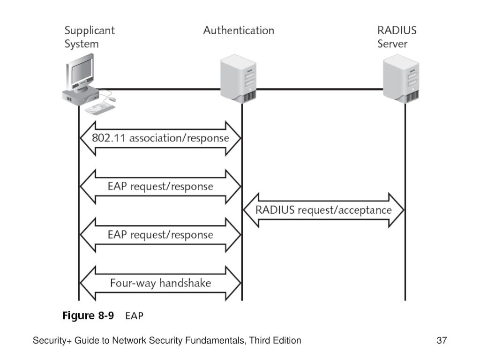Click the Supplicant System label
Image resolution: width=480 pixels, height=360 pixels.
point(90,37)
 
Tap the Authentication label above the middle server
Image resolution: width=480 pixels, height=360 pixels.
point(239,30)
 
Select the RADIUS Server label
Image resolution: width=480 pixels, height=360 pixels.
point(397,37)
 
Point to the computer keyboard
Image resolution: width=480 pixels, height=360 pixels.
point(100,109)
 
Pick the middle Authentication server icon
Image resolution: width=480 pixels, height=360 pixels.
point(239,79)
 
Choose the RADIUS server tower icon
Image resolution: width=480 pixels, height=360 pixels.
point(401,79)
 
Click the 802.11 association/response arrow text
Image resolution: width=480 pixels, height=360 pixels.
point(160,138)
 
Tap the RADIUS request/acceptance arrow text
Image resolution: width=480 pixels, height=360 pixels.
point(323,210)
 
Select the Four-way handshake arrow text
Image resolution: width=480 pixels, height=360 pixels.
point(160,283)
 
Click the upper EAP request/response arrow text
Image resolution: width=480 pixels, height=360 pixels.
point(160,187)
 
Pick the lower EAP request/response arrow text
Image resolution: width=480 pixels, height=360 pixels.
point(160,235)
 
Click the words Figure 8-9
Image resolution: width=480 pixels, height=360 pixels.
point(88,315)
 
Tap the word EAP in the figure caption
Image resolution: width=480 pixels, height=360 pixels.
point(134,316)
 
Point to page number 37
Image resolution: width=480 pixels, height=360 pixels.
point(442,340)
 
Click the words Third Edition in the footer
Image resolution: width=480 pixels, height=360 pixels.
point(275,340)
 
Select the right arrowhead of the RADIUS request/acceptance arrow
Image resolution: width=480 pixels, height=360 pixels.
point(397,210)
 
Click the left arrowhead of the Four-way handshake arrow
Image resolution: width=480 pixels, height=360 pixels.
point(88,283)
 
